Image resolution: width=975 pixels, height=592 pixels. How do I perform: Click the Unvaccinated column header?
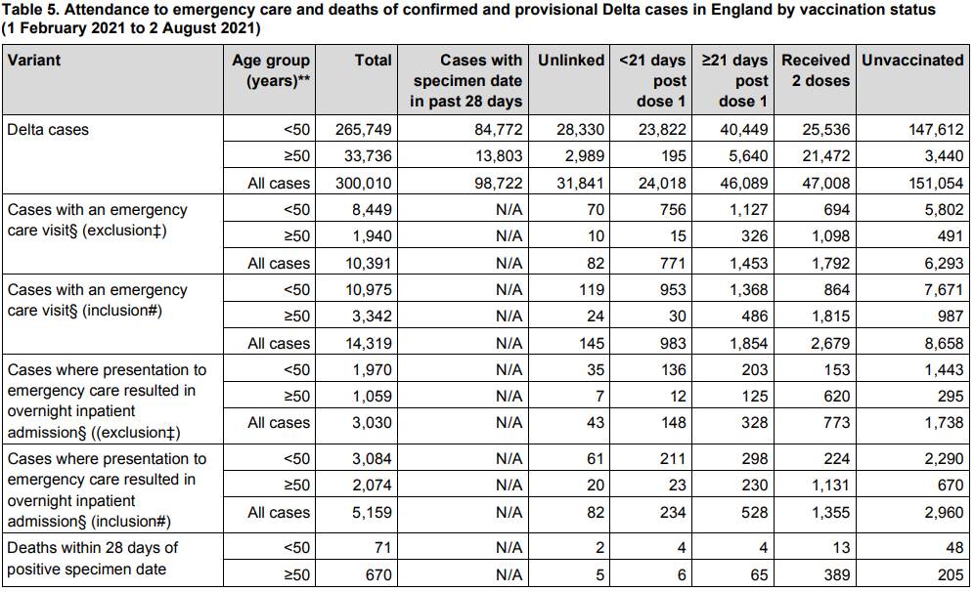911,61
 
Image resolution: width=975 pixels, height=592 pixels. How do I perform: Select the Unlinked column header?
571,61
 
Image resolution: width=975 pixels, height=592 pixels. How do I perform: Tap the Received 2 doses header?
816,70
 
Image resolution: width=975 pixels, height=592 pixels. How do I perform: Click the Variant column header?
34,61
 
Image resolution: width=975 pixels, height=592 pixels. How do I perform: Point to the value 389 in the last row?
837,575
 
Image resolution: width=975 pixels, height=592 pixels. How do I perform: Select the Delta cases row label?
48,130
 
